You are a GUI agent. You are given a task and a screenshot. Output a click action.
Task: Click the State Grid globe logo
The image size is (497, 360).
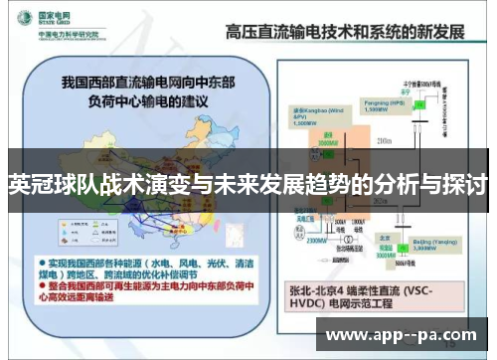[20, 20]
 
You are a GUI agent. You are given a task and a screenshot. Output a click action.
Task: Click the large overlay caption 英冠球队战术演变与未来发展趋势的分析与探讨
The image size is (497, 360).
[248, 184]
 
